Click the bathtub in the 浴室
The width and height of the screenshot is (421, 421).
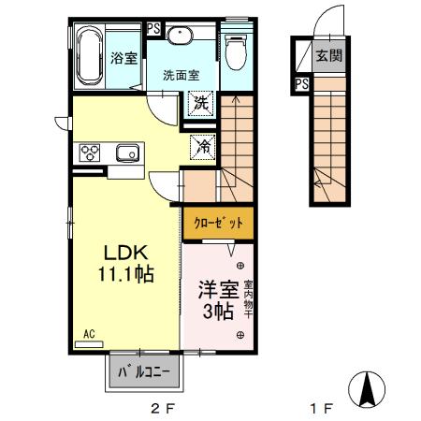pos(91,56)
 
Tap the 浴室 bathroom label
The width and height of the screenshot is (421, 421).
pos(124,58)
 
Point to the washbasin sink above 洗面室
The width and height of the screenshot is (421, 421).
pos(181,36)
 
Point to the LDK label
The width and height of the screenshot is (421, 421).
pos(122,253)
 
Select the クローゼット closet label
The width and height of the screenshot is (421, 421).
pos(218,223)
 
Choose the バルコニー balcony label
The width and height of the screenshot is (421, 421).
pos(145,372)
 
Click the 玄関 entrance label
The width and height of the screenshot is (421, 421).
pos(327,54)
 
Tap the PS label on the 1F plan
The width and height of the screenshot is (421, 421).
pos(301,83)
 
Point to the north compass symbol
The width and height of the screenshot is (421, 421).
pos(368,387)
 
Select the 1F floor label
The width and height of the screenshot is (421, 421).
pos(321,409)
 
